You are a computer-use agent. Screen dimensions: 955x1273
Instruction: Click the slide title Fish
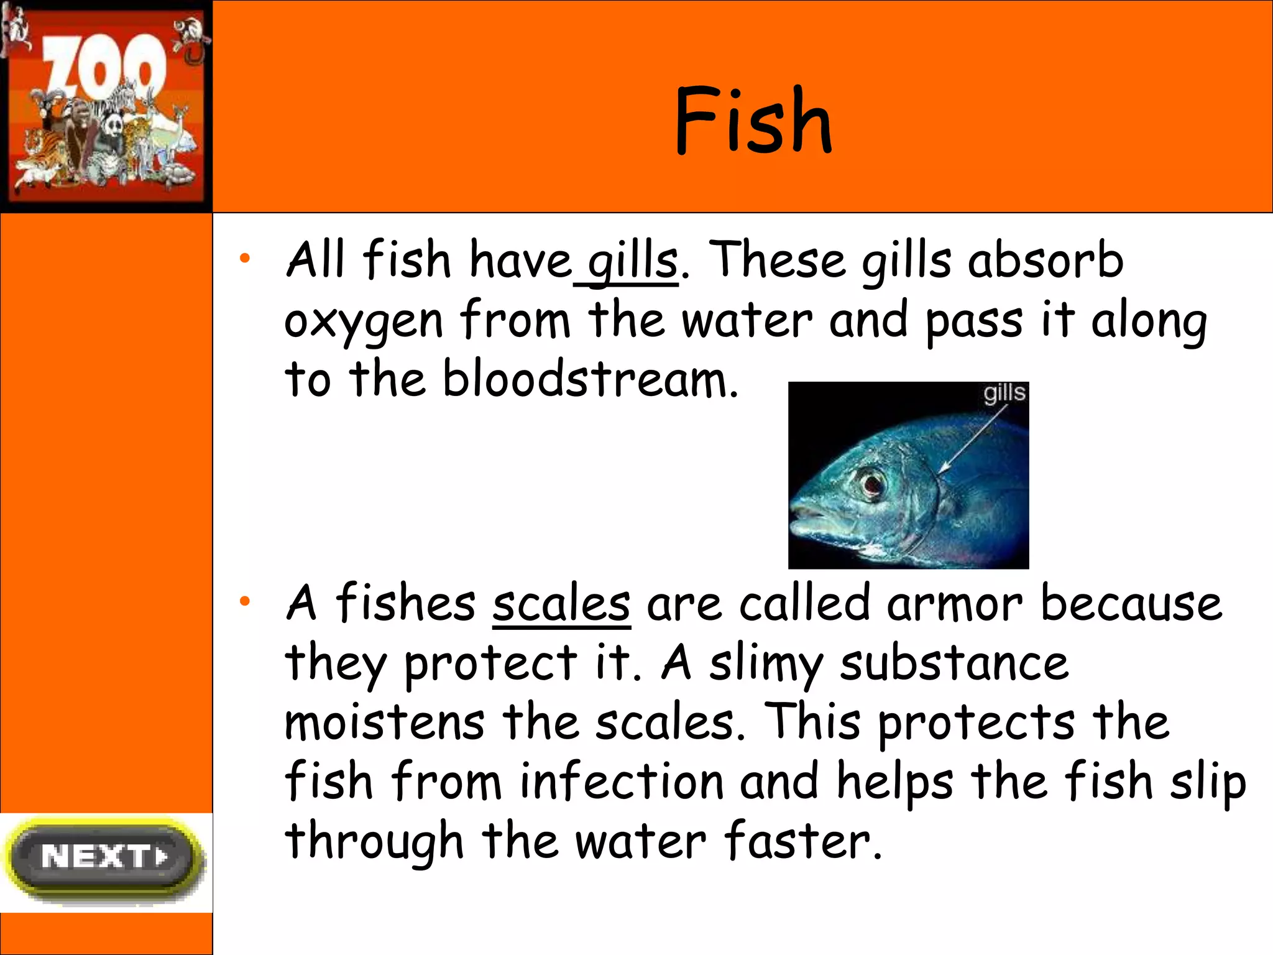(x=753, y=121)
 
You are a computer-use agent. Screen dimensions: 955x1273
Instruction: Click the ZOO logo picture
(x=106, y=106)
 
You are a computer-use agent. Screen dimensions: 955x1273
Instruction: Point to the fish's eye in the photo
(x=870, y=482)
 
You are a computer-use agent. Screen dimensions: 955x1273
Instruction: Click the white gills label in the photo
(x=1003, y=394)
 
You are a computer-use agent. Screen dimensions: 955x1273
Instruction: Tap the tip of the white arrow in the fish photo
(x=940, y=473)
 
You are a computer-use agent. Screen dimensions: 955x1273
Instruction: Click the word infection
(x=622, y=782)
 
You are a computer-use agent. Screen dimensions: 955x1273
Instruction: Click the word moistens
(x=384, y=722)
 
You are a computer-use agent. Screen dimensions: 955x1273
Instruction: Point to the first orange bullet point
(x=245, y=257)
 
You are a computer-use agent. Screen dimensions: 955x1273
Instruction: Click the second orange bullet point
(x=245, y=601)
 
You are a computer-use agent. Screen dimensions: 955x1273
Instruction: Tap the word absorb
(x=1046, y=260)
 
